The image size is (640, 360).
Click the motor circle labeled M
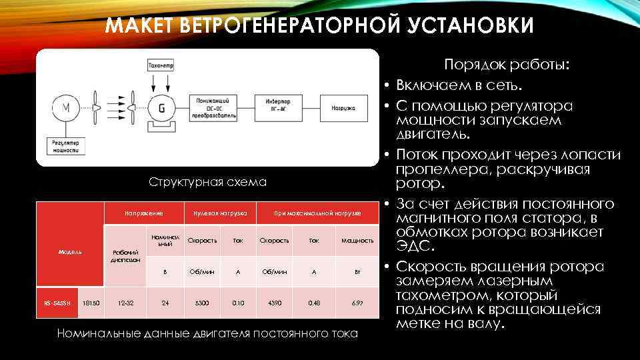tap(65, 108)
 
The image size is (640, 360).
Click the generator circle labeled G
tap(161, 108)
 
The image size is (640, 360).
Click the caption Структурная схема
tap(208, 182)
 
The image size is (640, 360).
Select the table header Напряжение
tap(145, 213)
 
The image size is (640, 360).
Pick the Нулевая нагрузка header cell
tap(219, 213)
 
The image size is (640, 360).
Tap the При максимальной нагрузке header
tap(318, 213)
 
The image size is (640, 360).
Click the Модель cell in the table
tap(70, 252)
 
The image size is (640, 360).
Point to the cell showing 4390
tap(273, 303)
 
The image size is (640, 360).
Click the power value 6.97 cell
tap(357, 303)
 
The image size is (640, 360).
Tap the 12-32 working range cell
tap(125, 303)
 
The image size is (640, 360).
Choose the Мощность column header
tap(357, 240)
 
